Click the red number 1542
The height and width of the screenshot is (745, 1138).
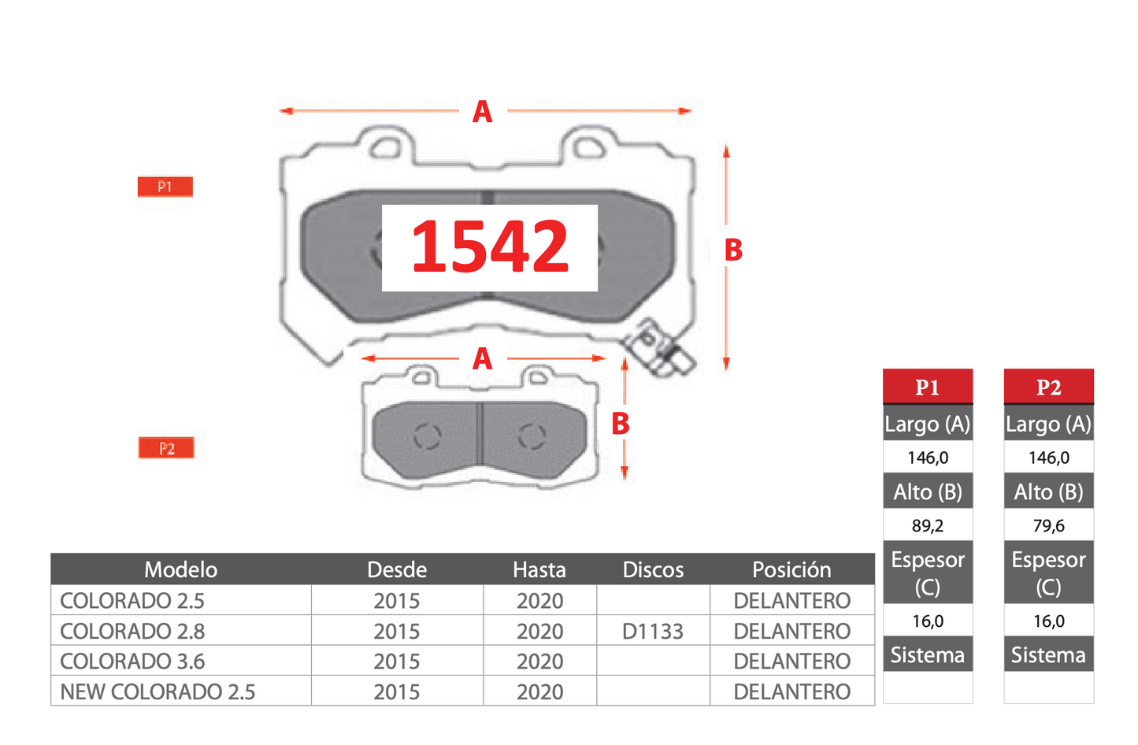(490, 247)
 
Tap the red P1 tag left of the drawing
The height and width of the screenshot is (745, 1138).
(165, 187)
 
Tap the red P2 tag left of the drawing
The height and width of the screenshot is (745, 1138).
(166, 448)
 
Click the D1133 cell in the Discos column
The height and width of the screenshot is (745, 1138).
(653, 631)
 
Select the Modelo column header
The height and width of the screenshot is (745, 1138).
(181, 569)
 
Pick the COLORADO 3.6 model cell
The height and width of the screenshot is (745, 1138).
(132, 662)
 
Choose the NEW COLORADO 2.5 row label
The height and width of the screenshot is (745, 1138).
(158, 691)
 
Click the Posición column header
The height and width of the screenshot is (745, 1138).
(791, 569)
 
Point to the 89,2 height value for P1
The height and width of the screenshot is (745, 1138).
(928, 525)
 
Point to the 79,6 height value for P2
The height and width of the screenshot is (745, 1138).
(1048, 525)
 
